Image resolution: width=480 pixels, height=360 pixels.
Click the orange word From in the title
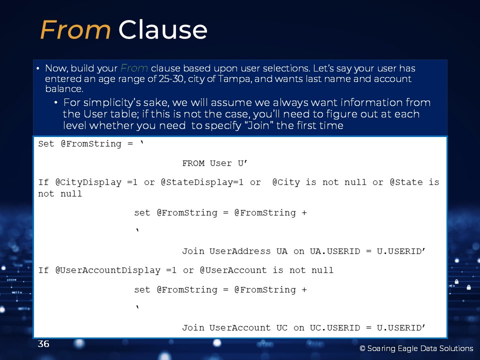coord(75,29)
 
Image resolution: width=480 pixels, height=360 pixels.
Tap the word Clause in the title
coord(163,29)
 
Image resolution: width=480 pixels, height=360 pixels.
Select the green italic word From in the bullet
coord(134,68)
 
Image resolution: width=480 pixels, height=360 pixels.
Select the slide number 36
coord(43,344)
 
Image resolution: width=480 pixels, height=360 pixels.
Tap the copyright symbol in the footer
coord(362,348)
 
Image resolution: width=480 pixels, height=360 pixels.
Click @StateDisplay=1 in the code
coord(202,182)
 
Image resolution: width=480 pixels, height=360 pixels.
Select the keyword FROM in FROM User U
coord(193,163)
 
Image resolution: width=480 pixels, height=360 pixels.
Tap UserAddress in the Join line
coord(240,251)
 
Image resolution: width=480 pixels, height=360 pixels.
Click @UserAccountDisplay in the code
coord(108,270)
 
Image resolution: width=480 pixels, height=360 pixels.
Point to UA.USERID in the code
coord(335,251)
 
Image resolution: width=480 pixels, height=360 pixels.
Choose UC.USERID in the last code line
coord(335,328)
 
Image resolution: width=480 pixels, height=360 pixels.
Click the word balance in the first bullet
coord(64,89)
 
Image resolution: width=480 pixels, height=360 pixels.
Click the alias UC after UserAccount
coord(282,328)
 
